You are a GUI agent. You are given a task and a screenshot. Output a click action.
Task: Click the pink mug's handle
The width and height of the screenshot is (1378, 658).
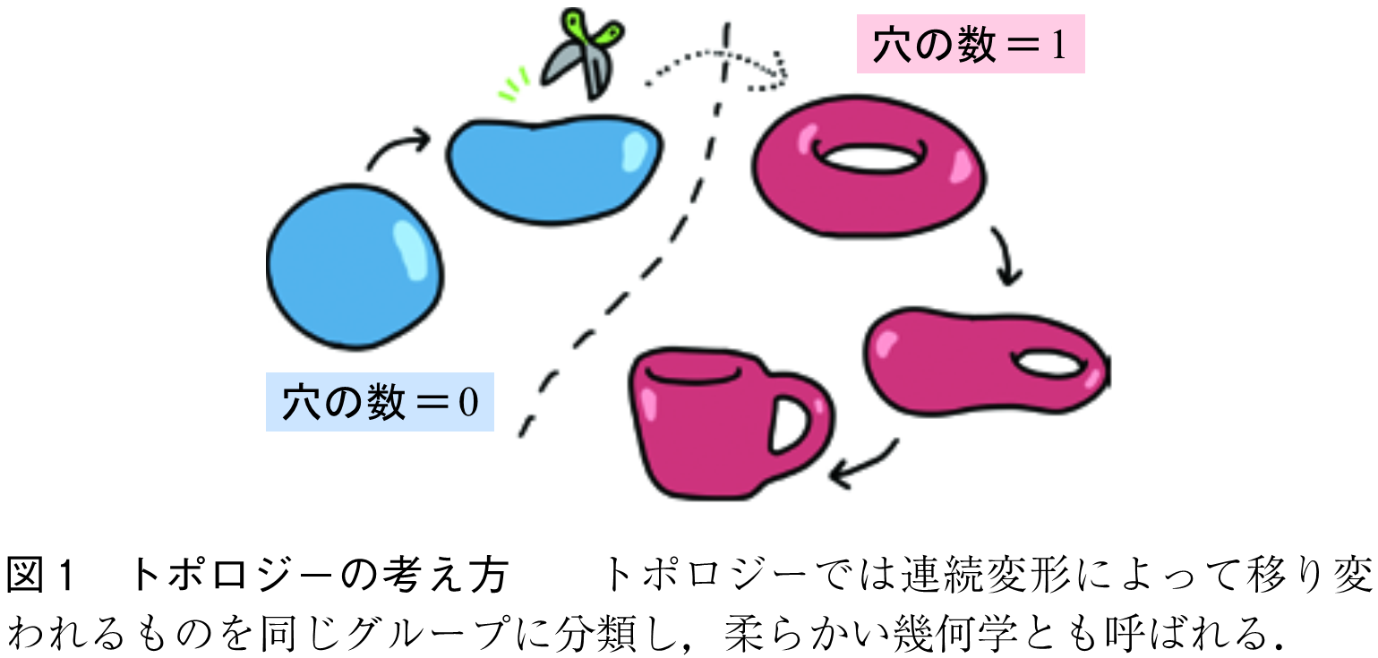click(x=801, y=421)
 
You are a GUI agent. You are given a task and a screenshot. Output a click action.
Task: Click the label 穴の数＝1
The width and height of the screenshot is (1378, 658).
click(x=970, y=44)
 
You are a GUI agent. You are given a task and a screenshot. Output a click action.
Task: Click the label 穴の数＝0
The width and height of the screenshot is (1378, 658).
click(x=380, y=402)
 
